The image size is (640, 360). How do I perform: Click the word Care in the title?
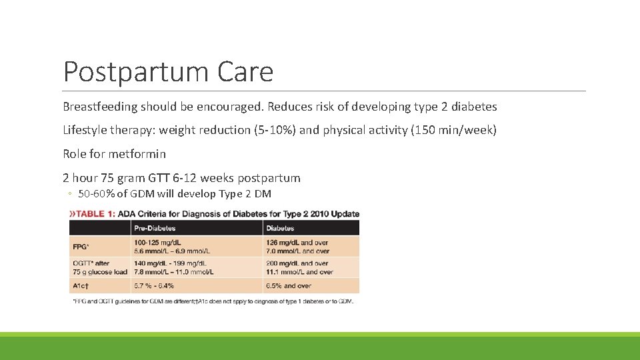[248, 72]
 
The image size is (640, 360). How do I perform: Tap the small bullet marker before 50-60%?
[69, 195]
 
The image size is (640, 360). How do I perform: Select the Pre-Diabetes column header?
[155, 228]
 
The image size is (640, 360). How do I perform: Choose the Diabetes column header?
[280, 228]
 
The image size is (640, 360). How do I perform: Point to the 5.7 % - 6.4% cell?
[154, 285]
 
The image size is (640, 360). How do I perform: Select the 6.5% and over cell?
[288, 285]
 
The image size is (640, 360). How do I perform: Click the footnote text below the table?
[212, 301]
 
